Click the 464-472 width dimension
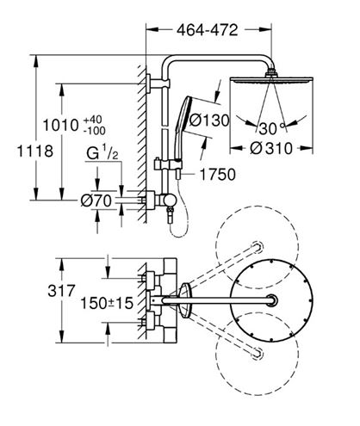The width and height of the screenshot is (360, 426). pos(208,30)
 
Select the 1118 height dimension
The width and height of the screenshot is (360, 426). pos(35,151)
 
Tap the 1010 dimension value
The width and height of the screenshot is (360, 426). pos(60,126)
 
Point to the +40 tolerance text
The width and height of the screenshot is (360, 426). pos(92,120)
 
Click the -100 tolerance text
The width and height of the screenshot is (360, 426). pos(95,131)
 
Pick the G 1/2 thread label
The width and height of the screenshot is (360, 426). pos(102,154)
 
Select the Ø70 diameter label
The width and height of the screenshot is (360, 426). pos(96,201)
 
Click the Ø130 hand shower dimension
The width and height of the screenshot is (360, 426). pos(209,120)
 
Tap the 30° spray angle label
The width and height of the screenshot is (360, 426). pos(271,128)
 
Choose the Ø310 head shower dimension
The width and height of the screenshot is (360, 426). pos(271,148)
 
